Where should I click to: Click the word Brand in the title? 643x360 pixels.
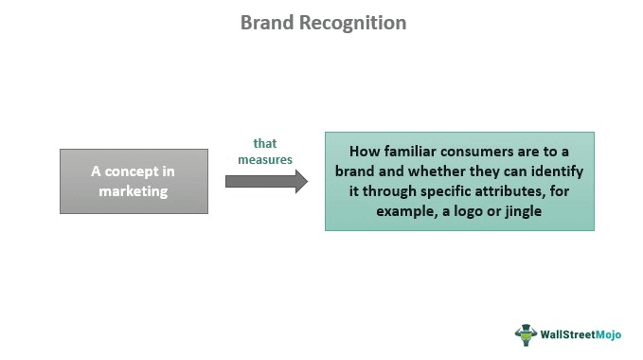(268, 23)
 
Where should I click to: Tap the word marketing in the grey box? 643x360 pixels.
(134, 190)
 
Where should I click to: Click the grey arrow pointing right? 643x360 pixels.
(266, 181)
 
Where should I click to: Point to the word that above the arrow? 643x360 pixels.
(265, 143)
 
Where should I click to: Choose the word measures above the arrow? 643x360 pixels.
(265, 159)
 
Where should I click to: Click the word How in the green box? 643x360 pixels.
(365, 151)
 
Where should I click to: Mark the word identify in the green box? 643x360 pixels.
(558, 171)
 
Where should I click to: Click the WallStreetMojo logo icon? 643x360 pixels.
(526, 333)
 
